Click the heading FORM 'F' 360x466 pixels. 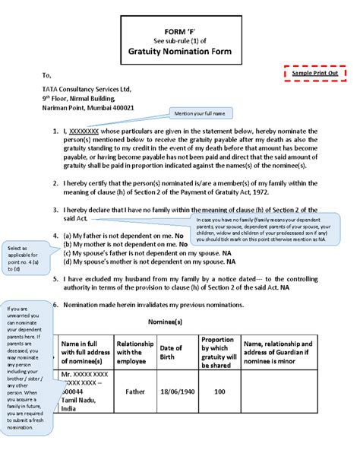coord(180,30)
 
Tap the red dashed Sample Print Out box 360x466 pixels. coord(315,73)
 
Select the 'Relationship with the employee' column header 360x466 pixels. coord(135,350)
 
